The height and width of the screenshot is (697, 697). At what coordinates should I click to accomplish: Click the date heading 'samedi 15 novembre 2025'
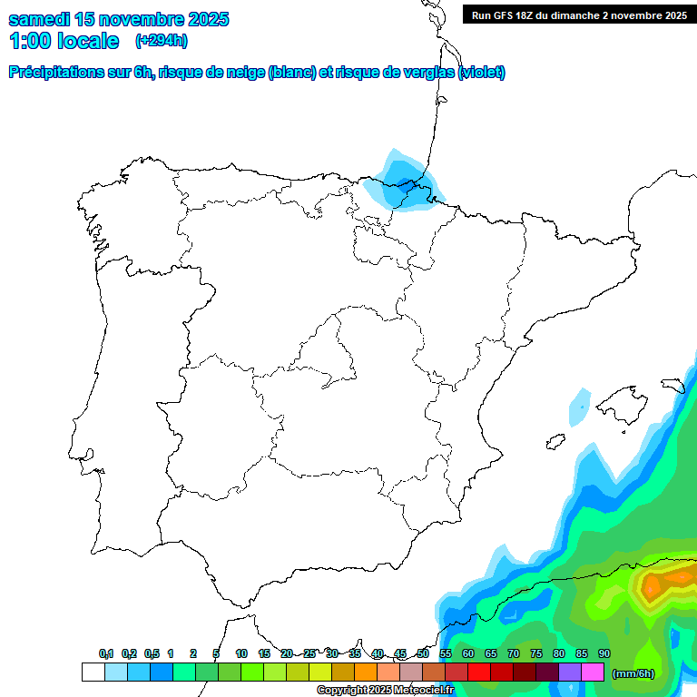pyautogui.click(x=119, y=19)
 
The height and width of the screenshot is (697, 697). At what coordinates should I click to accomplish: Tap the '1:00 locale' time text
pyautogui.click(x=64, y=41)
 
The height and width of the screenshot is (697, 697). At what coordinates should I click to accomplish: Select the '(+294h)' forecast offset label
pyautogui.click(x=161, y=40)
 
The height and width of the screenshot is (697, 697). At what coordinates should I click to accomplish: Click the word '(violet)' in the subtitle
pyautogui.click(x=482, y=73)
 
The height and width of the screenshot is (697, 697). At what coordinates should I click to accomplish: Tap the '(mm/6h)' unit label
pyautogui.click(x=633, y=672)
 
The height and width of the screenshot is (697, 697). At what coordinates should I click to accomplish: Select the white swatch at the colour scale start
pyautogui.click(x=93, y=672)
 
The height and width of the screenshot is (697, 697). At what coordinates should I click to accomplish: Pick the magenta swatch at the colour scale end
pyautogui.click(x=593, y=672)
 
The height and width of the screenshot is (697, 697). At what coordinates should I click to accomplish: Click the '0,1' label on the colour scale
pyautogui.click(x=106, y=654)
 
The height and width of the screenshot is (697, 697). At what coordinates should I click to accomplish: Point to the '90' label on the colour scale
pyautogui.click(x=604, y=654)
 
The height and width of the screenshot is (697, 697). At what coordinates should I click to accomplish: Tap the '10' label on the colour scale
pyautogui.click(x=241, y=654)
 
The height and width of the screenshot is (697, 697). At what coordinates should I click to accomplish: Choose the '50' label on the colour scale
pyautogui.click(x=423, y=654)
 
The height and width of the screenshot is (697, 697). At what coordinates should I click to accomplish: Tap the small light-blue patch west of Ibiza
pyautogui.click(x=579, y=408)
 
